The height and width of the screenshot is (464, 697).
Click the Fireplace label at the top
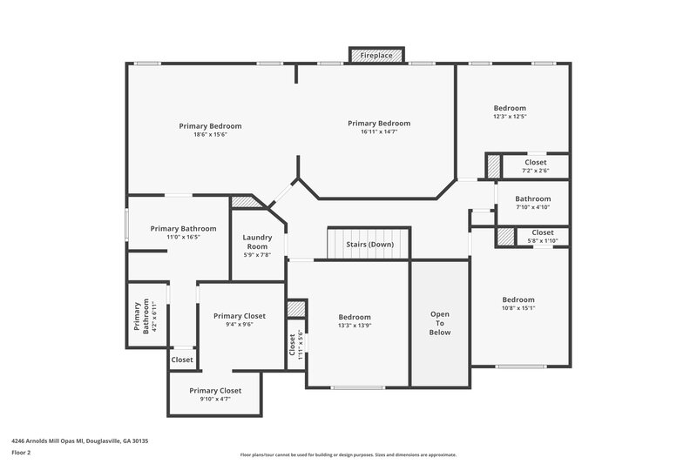(376, 56)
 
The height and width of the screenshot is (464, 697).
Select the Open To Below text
(440, 322)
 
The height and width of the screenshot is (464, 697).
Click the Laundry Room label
(257, 242)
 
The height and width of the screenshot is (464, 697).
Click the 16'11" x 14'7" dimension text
(378, 132)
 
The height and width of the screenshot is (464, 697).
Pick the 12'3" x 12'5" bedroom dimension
(510, 117)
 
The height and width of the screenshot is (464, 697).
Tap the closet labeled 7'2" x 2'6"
(536, 171)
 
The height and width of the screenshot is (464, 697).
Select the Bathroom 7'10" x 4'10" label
(533, 203)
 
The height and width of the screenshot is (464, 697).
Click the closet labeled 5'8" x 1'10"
(542, 237)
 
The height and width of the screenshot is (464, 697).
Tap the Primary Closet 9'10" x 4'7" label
(215, 395)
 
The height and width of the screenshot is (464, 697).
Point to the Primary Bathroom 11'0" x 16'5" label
(183, 232)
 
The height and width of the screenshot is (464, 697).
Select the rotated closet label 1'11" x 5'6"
(296, 346)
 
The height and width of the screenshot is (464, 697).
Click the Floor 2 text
(21, 454)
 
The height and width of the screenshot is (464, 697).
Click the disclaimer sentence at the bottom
(348, 454)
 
